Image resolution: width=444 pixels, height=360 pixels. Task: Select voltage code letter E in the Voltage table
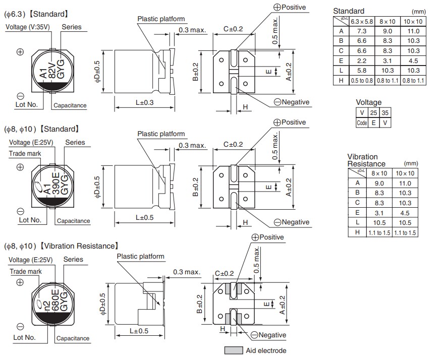point(373,123)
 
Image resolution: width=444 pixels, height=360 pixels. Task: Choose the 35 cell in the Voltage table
point(385,113)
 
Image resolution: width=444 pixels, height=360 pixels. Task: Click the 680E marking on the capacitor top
point(55,303)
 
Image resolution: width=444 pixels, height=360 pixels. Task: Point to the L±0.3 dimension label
point(145,103)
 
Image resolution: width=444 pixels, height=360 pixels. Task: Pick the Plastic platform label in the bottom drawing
point(141,256)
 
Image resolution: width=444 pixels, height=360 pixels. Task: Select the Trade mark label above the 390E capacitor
point(25,153)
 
